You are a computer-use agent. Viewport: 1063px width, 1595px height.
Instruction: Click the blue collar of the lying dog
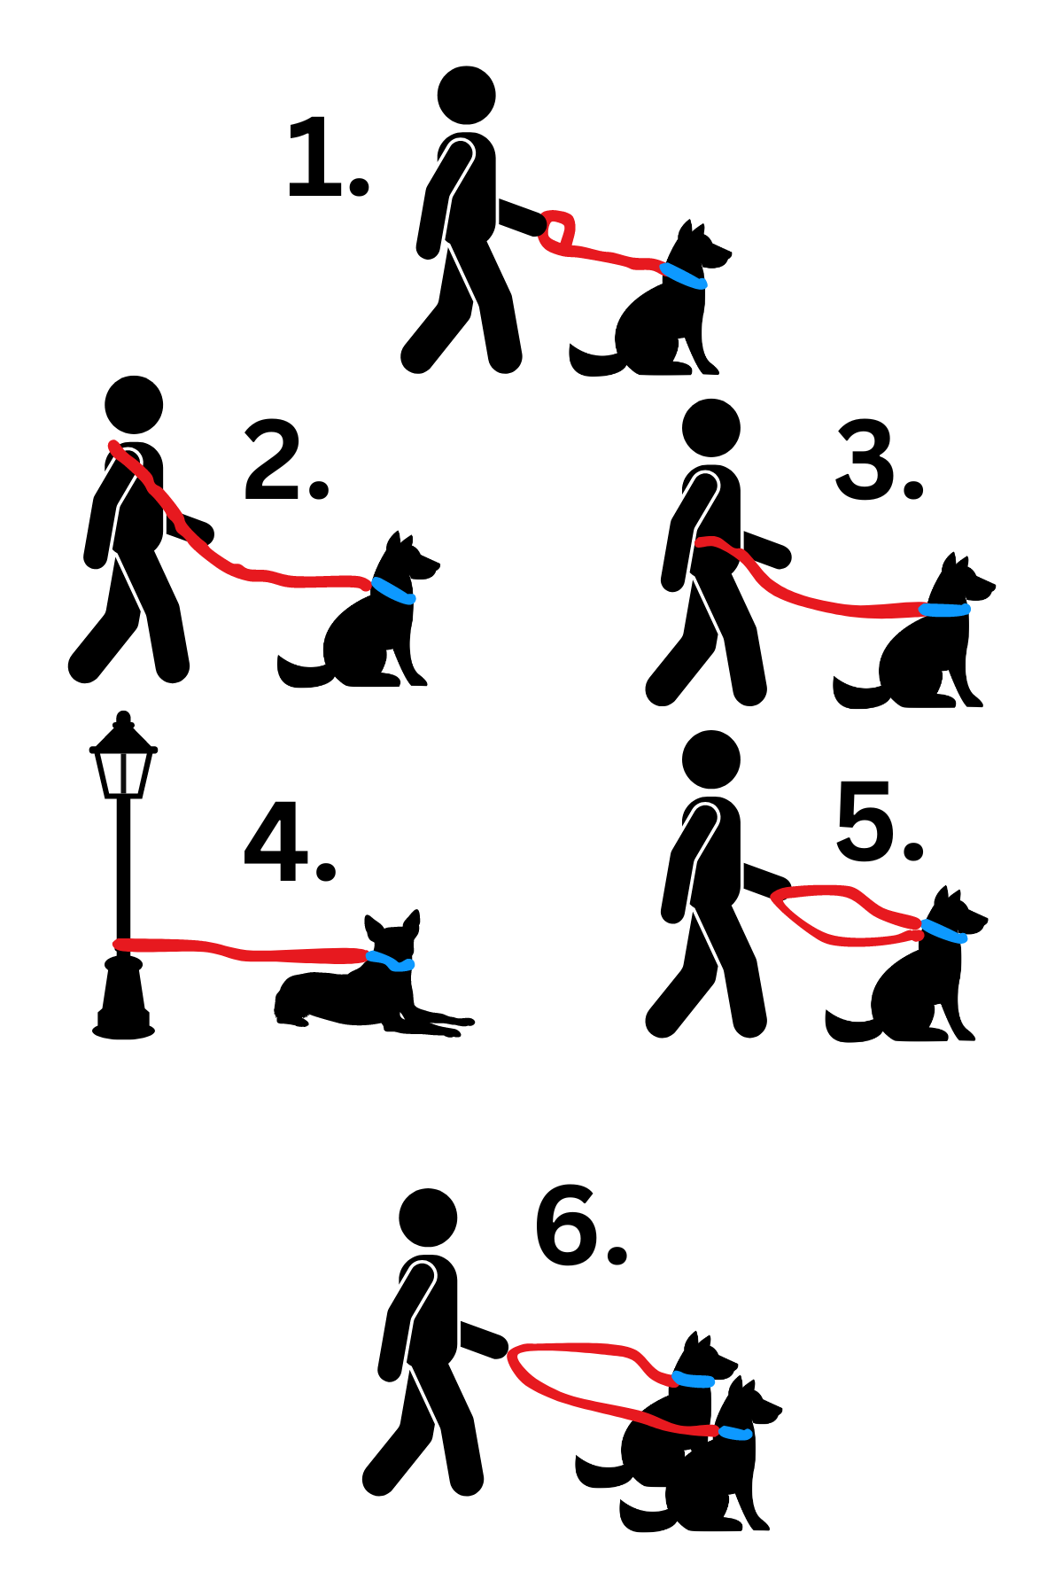(391, 961)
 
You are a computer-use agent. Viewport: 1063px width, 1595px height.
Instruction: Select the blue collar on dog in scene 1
(683, 276)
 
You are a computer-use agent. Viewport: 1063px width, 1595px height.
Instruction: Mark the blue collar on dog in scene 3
(944, 610)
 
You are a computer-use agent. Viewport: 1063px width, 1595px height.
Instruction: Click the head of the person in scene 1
(466, 95)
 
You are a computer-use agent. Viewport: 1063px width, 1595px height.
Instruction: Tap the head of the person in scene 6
(428, 1218)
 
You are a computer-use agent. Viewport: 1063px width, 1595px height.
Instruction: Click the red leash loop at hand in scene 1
(557, 230)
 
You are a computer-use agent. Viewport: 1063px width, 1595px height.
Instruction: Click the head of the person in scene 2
(134, 405)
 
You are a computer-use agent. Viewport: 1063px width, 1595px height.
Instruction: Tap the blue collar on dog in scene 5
(943, 931)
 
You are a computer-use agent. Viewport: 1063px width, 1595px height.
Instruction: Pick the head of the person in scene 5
(711, 759)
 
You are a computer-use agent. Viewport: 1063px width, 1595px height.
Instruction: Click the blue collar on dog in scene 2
(393, 590)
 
